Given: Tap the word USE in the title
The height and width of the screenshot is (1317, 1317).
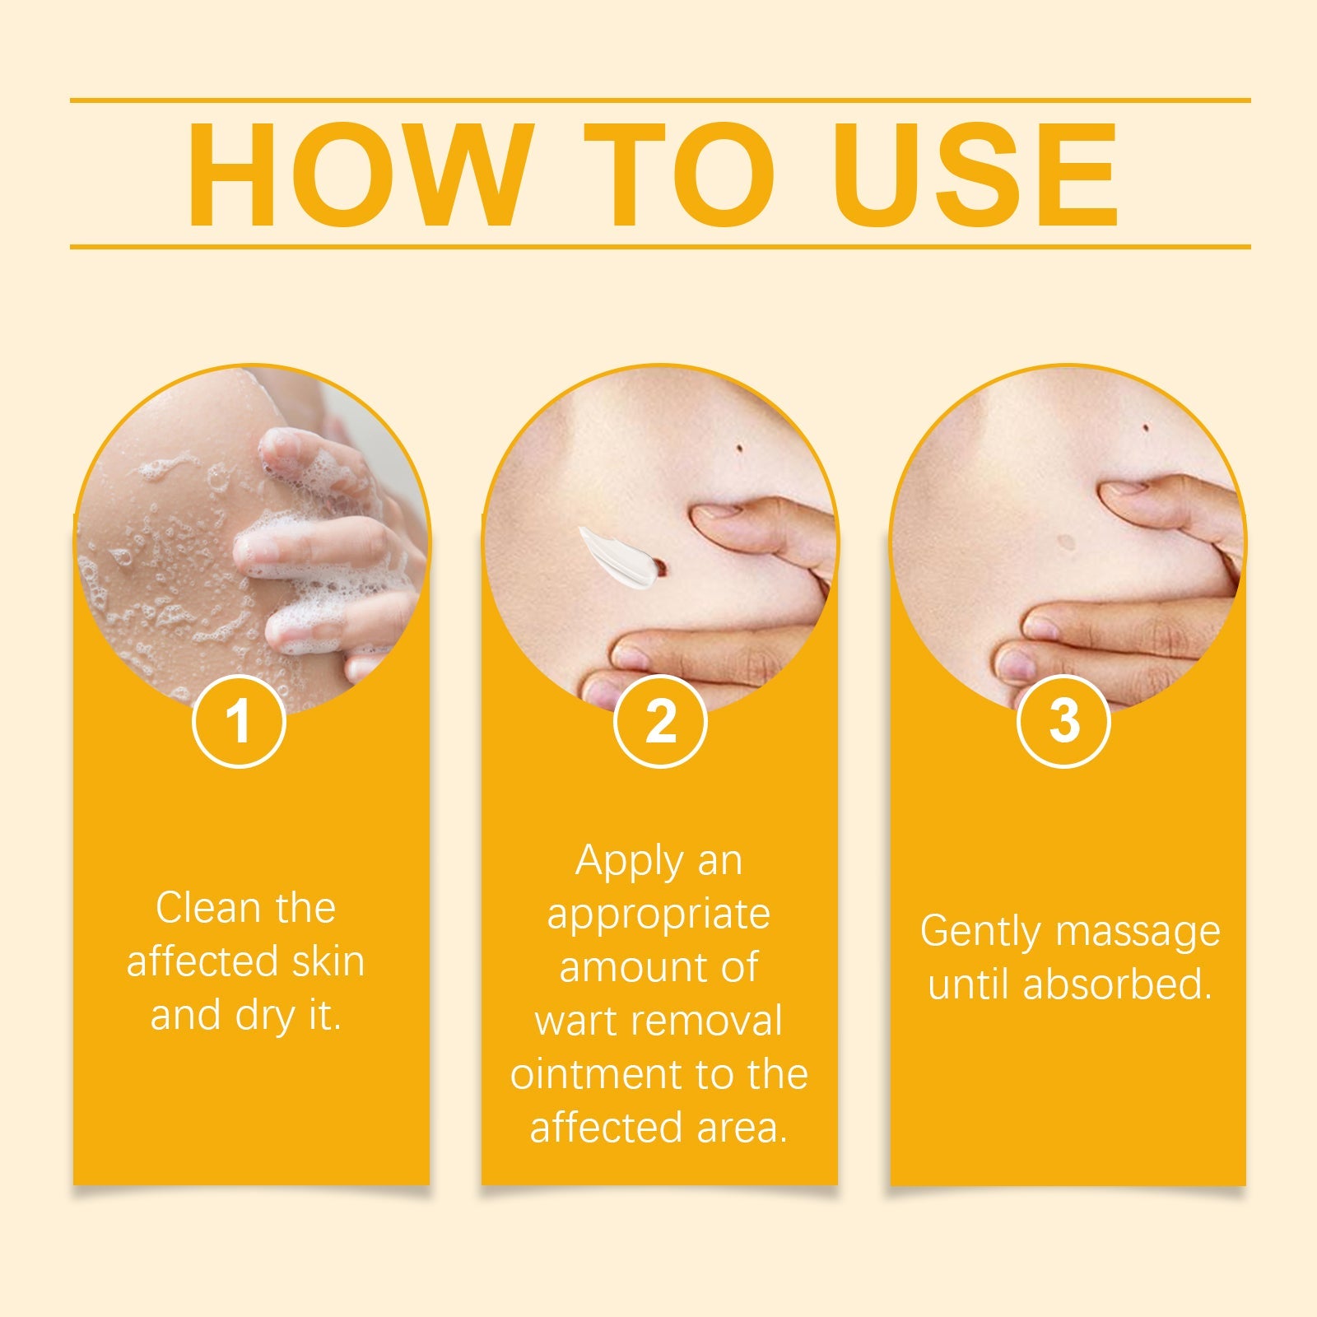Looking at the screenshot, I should tap(975, 175).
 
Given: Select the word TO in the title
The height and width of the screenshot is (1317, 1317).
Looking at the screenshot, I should tap(680, 175).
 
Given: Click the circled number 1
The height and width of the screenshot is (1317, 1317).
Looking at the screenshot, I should tap(239, 721).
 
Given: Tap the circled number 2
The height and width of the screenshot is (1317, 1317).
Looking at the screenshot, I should tap(660, 721).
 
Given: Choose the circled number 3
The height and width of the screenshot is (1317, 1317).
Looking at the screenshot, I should tap(1063, 721).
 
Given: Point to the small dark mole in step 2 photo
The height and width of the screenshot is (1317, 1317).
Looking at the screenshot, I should tap(738, 448).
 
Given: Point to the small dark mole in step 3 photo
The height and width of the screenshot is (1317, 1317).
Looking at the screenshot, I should tap(1146, 427).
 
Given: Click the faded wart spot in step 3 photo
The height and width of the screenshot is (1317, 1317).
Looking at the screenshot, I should tap(1067, 542).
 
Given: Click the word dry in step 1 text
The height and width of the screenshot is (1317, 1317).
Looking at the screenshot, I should tap(263, 1016).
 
